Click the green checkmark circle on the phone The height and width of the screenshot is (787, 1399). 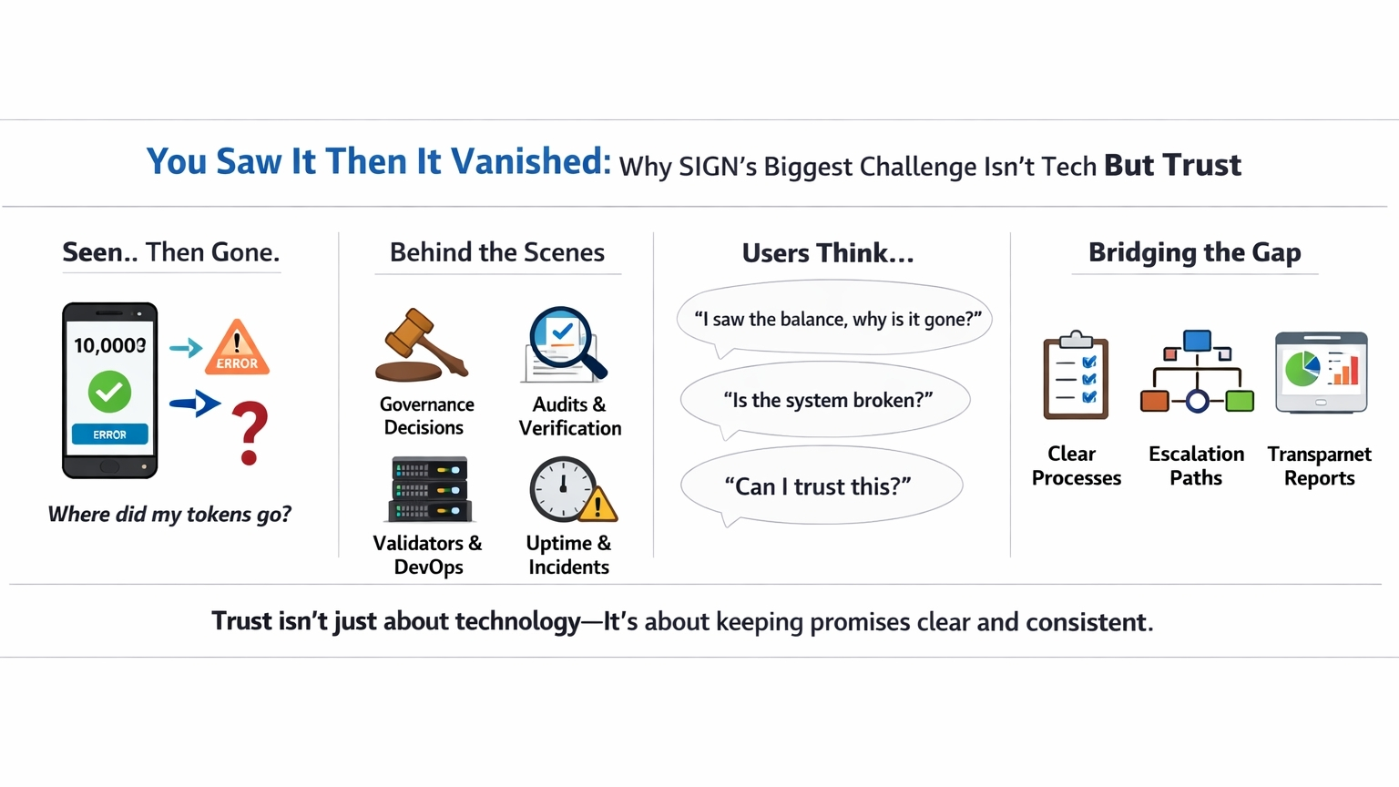point(109,392)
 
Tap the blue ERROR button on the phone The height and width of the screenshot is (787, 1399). point(110,434)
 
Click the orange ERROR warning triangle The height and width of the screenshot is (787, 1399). point(238,348)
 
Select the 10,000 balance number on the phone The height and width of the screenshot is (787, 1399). point(110,345)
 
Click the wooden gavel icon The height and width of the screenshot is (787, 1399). point(421,344)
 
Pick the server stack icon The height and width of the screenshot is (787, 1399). point(430,489)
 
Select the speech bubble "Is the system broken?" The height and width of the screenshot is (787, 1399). point(826,400)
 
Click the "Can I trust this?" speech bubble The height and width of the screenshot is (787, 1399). point(822,485)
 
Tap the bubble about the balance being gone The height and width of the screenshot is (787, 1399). point(834,319)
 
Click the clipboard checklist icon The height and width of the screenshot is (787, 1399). point(1076,374)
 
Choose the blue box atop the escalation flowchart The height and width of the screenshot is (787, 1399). point(1198,341)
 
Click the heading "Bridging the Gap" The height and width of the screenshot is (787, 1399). point(1195,252)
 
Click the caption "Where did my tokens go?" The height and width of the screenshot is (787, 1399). point(170,514)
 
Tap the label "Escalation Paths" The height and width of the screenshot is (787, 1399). point(1196,465)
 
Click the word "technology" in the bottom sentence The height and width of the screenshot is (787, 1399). point(517,622)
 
